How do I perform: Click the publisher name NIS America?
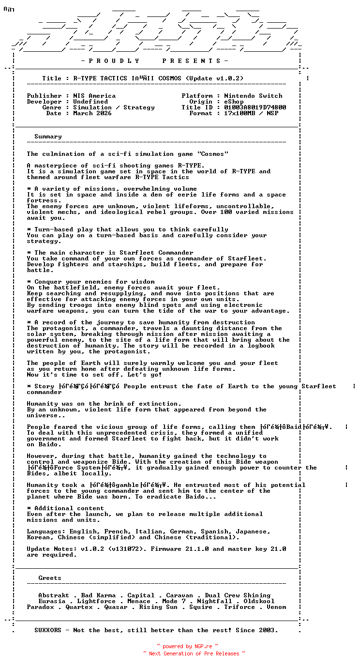tap(94, 96)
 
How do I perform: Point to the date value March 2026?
tap(92, 113)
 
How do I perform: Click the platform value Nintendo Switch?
tap(253, 96)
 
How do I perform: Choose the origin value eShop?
tap(234, 102)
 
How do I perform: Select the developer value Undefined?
tap(90, 102)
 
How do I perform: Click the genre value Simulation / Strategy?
tap(114, 107)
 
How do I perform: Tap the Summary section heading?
tap(48, 137)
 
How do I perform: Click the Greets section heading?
tap(50, 578)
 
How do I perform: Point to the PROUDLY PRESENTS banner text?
tap(154, 61)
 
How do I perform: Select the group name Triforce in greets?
tap(240, 607)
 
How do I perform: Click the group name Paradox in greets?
tap(41, 607)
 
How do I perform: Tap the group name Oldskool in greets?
tap(259, 601)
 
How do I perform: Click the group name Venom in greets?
tap(276, 607)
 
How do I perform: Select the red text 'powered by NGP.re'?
tap(187, 646)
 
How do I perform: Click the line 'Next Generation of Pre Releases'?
tap(194, 653)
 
